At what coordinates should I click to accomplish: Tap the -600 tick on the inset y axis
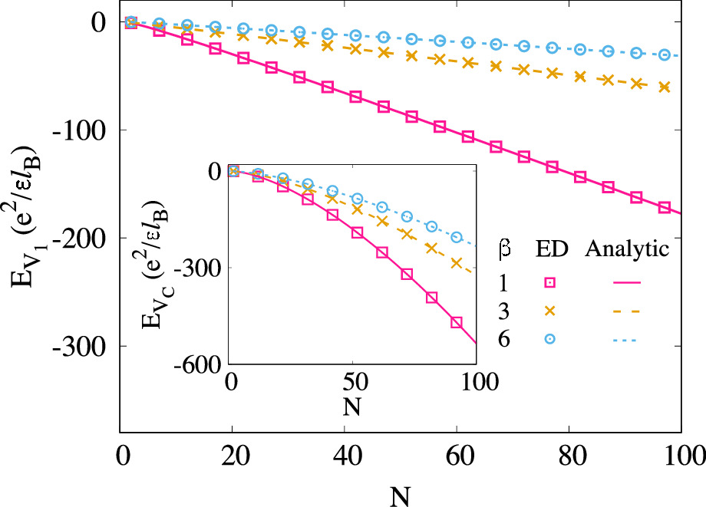(x=198, y=366)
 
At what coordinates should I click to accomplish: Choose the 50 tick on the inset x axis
(x=354, y=381)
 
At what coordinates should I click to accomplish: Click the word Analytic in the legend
(x=628, y=249)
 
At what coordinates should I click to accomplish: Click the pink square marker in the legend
(x=550, y=284)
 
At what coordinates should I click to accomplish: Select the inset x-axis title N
(x=354, y=406)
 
